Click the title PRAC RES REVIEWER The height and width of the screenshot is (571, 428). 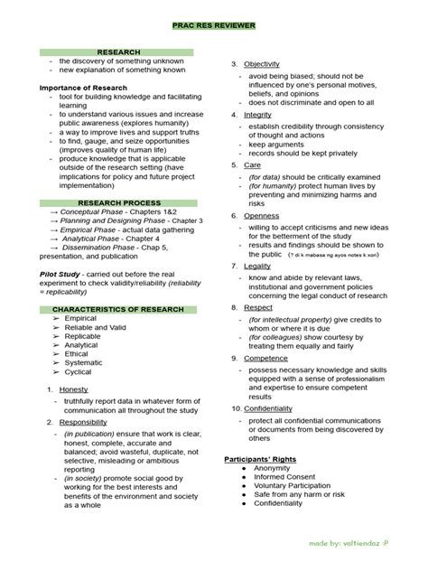click(x=213, y=27)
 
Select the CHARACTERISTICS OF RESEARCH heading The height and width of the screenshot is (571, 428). click(x=118, y=309)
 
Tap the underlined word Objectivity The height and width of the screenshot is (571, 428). click(x=261, y=64)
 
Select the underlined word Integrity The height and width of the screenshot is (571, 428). click(x=256, y=115)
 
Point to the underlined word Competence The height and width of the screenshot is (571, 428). click(x=265, y=359)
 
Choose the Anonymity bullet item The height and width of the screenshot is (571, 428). click(x=273, y=469)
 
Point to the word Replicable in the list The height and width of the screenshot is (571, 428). click(x=83, y=336)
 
